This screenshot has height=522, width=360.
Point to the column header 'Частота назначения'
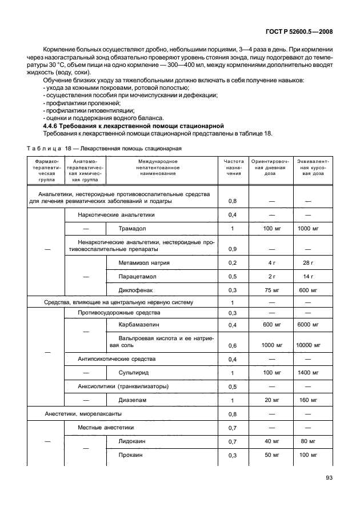(233, 170)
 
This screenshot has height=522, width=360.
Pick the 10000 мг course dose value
(309, 346)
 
